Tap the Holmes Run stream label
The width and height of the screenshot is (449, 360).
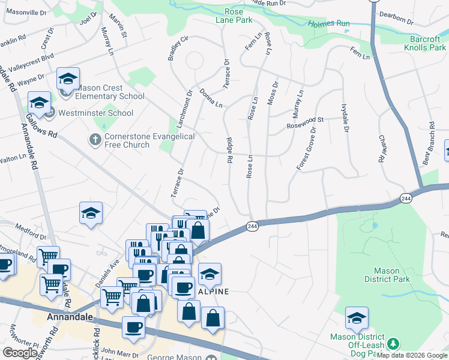pyautogui.click(x=329, y=25)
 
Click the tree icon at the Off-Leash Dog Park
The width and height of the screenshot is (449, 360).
pyautogui.click(x=393, y=344)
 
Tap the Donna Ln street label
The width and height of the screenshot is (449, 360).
pyautogui.click(x=211, y=98)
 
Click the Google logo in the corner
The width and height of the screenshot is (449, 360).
pyautogui.click(x=20, y=353)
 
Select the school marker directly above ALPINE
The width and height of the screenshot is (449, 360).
pyautogui.click(x=209, y=275)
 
